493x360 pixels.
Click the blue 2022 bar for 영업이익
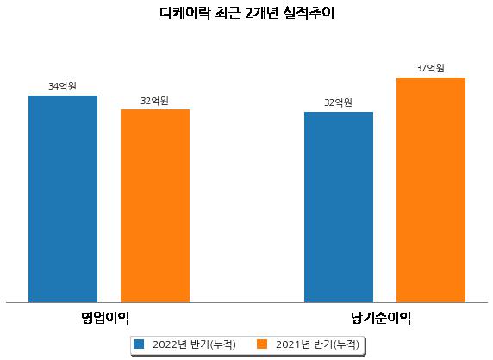pos(63,199)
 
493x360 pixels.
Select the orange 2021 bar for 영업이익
pos(155,206)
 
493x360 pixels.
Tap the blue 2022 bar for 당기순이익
pos(339,208)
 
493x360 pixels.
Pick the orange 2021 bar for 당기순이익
pos(431,190)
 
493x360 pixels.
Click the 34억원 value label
pos(63,86)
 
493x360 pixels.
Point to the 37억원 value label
pos(430,68)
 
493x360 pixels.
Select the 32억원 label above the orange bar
pos(154,101)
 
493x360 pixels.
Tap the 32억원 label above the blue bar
pos(338,102)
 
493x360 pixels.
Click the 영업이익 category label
pos(105,318)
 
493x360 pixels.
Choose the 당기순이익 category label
pos(381,318)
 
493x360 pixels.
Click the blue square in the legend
pos(139,344)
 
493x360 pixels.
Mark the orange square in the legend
pos(262,344)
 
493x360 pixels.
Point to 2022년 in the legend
pos(170,344)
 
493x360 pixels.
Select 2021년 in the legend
pos(293,344)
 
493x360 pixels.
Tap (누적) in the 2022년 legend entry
pos(222,344)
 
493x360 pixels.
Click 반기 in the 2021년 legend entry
pos(323,344)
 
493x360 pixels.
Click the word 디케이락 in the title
pos(184,13)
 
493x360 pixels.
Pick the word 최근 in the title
pos(228,13)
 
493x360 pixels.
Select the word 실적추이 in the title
pos(309,13)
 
